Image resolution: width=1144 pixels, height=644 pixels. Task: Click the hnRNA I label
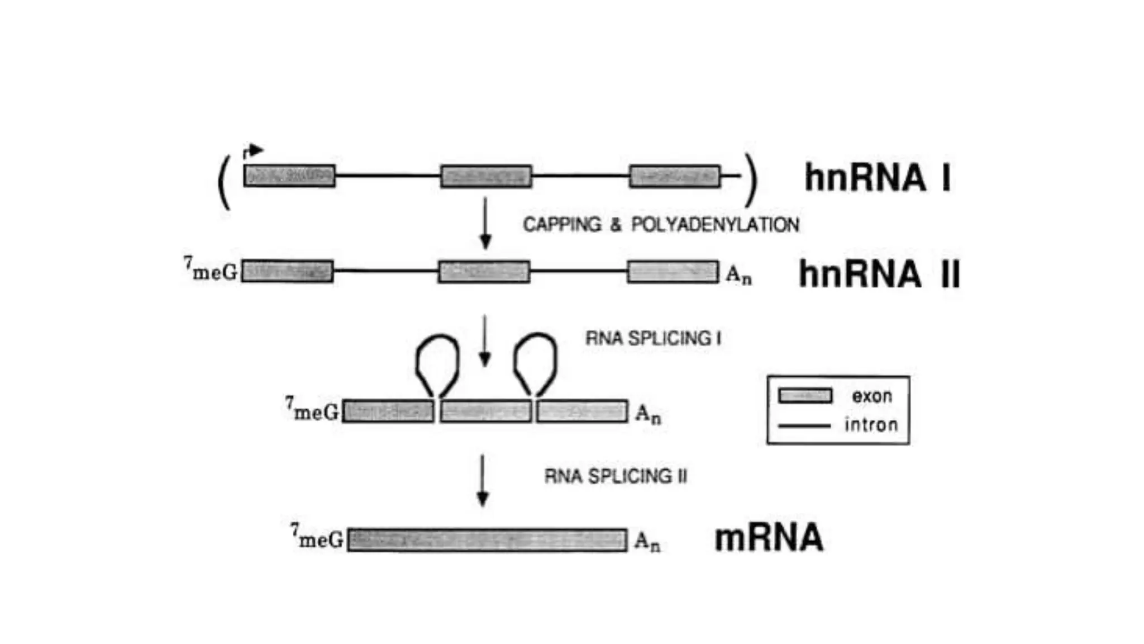877,178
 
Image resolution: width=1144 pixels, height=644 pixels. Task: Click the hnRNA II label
879,274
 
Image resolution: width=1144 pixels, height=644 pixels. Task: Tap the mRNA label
769,538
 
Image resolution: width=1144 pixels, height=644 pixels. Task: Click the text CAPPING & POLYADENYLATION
661,225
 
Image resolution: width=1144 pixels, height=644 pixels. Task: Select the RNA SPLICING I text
653,338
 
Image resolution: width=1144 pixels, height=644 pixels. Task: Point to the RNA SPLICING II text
616,476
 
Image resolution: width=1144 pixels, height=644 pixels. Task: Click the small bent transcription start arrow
253,151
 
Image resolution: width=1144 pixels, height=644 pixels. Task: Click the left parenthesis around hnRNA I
224,182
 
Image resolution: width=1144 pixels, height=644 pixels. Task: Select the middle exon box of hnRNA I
486,176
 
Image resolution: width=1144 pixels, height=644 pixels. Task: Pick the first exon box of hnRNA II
288,272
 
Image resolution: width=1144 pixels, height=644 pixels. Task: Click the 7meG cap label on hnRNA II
211,271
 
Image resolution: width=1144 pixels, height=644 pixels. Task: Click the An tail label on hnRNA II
738,274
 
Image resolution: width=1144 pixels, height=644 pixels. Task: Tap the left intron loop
437,363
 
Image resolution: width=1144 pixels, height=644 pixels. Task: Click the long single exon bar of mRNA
487,540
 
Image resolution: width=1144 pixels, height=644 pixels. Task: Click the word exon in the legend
871,396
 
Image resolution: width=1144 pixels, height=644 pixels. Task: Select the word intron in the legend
871,425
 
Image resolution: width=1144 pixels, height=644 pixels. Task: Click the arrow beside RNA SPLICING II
483,481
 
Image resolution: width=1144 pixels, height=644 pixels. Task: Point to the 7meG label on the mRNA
317,537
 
